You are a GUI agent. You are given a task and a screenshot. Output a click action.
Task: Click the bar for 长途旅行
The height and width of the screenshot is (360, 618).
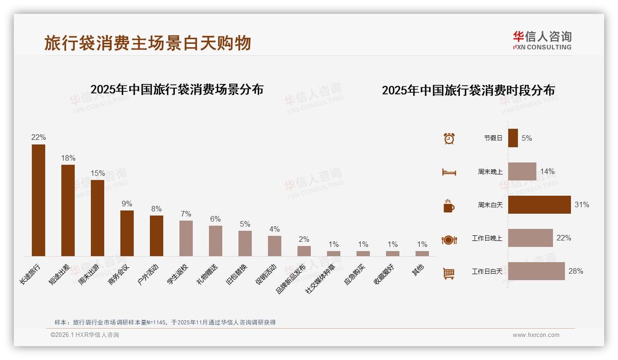pyautogui.click(x=38, y=200)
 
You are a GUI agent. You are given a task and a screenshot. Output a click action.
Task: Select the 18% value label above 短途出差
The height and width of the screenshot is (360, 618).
pyautogui.click(x=68, y=158)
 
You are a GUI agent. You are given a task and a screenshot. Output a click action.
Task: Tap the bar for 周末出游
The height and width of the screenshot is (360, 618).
pyautogui.click(x=97, y=217)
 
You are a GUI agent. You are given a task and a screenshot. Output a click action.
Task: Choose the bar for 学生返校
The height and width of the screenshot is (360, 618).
pyautogui.click(x=186, y=238)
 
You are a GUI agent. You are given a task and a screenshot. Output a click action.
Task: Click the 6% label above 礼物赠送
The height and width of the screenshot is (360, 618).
pyautogui.click(x=215, y=219)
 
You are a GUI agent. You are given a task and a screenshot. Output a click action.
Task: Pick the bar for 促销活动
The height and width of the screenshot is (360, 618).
pyautogui.click(x=274, y=246)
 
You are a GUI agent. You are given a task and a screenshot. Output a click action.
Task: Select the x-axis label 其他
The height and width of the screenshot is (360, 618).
pyautogui.click(x=418, y=270)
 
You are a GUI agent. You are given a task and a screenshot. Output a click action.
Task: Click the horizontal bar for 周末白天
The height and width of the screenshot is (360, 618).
pyautogui.click(x=539, y=204)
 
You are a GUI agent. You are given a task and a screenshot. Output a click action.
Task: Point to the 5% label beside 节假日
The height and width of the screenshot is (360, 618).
pyautogui.click(x=527, y=138)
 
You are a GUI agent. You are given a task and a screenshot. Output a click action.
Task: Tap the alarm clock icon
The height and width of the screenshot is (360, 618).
pyautogui.click(x=449, y=138)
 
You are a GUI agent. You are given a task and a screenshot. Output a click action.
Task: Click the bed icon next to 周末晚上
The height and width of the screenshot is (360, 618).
pyautogui.click(x=449, y=172)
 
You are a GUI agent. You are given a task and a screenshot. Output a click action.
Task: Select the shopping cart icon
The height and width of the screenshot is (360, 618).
pyautogui.click(x=449, y=273)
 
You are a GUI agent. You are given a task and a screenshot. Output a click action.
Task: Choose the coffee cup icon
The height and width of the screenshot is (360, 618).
pyautogui.click(x=449, y=206)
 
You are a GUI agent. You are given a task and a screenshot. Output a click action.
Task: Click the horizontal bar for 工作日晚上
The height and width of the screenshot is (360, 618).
pyautogui.click(x=530, y=238)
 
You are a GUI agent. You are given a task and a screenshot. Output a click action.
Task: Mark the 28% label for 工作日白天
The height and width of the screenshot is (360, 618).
pyautogui.click(x=576, y=271)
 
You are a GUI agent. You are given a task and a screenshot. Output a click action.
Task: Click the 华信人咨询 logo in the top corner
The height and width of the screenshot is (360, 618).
pyautogui.click(x=542, y=40)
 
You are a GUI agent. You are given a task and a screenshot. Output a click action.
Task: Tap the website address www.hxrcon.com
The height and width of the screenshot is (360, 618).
pyautogui.click(x=536, y=335)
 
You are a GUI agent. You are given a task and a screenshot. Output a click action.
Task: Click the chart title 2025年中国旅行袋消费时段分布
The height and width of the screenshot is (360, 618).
pyautogui.click(x=468, y=90)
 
